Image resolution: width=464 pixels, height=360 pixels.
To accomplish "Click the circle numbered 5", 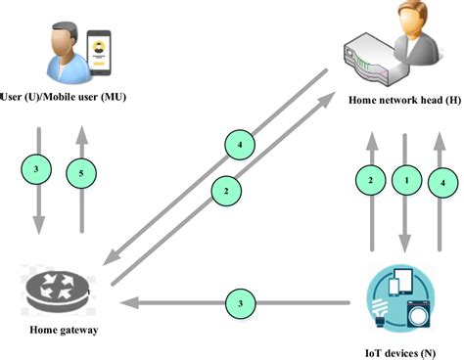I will point(81,174).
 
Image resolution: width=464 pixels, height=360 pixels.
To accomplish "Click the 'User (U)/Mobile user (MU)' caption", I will point(65,98).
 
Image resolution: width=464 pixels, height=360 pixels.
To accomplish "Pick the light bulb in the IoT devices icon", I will point(381,312).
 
